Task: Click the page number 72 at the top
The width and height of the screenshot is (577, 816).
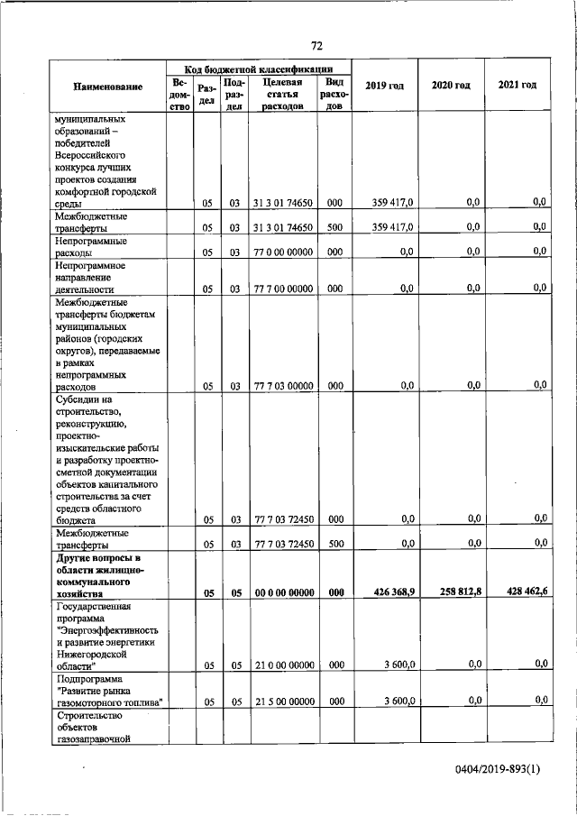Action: click(316, 46)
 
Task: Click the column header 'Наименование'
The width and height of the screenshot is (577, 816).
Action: click(108, 86)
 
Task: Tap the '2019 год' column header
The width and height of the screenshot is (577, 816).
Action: click(384, 85)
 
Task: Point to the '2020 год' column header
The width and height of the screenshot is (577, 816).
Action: click(451, 85)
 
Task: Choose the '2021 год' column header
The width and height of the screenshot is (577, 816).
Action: click(517, 85)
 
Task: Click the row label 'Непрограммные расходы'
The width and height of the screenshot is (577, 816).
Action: click(90, 247)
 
